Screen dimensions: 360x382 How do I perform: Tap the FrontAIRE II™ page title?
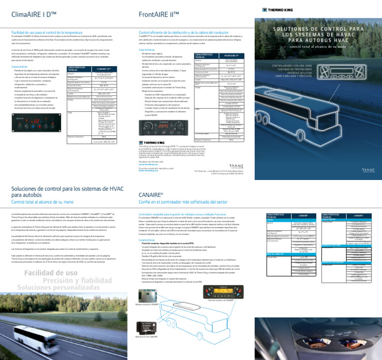[x=159, y=15]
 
